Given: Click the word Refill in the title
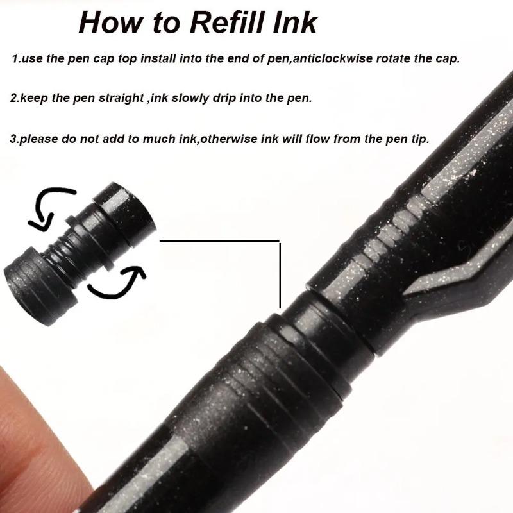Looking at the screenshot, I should (x=224, y=22).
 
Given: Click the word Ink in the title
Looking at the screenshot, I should (x=296, y=22).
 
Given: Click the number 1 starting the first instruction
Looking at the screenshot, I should (x=15, y=59).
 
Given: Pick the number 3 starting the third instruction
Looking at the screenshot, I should (x=14, y=139).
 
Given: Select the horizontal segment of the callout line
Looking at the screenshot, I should (x=218, y=241).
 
